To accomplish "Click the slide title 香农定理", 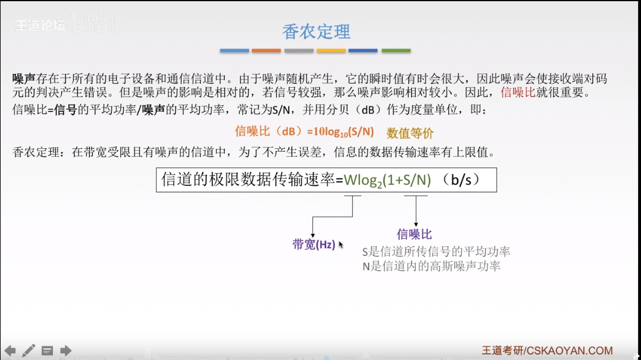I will [x=316, y=32].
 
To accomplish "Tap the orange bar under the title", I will [x=266, y=51].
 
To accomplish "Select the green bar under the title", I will [x=396, y=51].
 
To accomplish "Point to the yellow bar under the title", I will [x=331, y=51].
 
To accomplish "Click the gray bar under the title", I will [x=299, y=51].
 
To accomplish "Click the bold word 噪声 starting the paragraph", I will [x=24, y=79].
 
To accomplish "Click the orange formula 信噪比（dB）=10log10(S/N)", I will [x=305, y=132].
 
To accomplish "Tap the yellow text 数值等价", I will [x=410, y=133].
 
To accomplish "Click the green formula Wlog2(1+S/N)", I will [x=387, y=180].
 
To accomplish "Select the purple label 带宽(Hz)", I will [x=314, y=245].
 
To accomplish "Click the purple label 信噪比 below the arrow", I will [x=414, y=234].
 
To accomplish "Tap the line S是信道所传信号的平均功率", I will [x=436, y=252].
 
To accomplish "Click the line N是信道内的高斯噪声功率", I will [x=431, y=266].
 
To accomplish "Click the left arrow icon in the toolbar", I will [x=10, y=350].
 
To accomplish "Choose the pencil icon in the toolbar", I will [x=29, y=350].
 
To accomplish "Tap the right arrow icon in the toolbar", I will [x=66, y=350].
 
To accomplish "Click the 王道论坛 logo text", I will [x=40, y=26].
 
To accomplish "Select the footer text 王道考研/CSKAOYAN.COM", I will [x=547, y=350].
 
